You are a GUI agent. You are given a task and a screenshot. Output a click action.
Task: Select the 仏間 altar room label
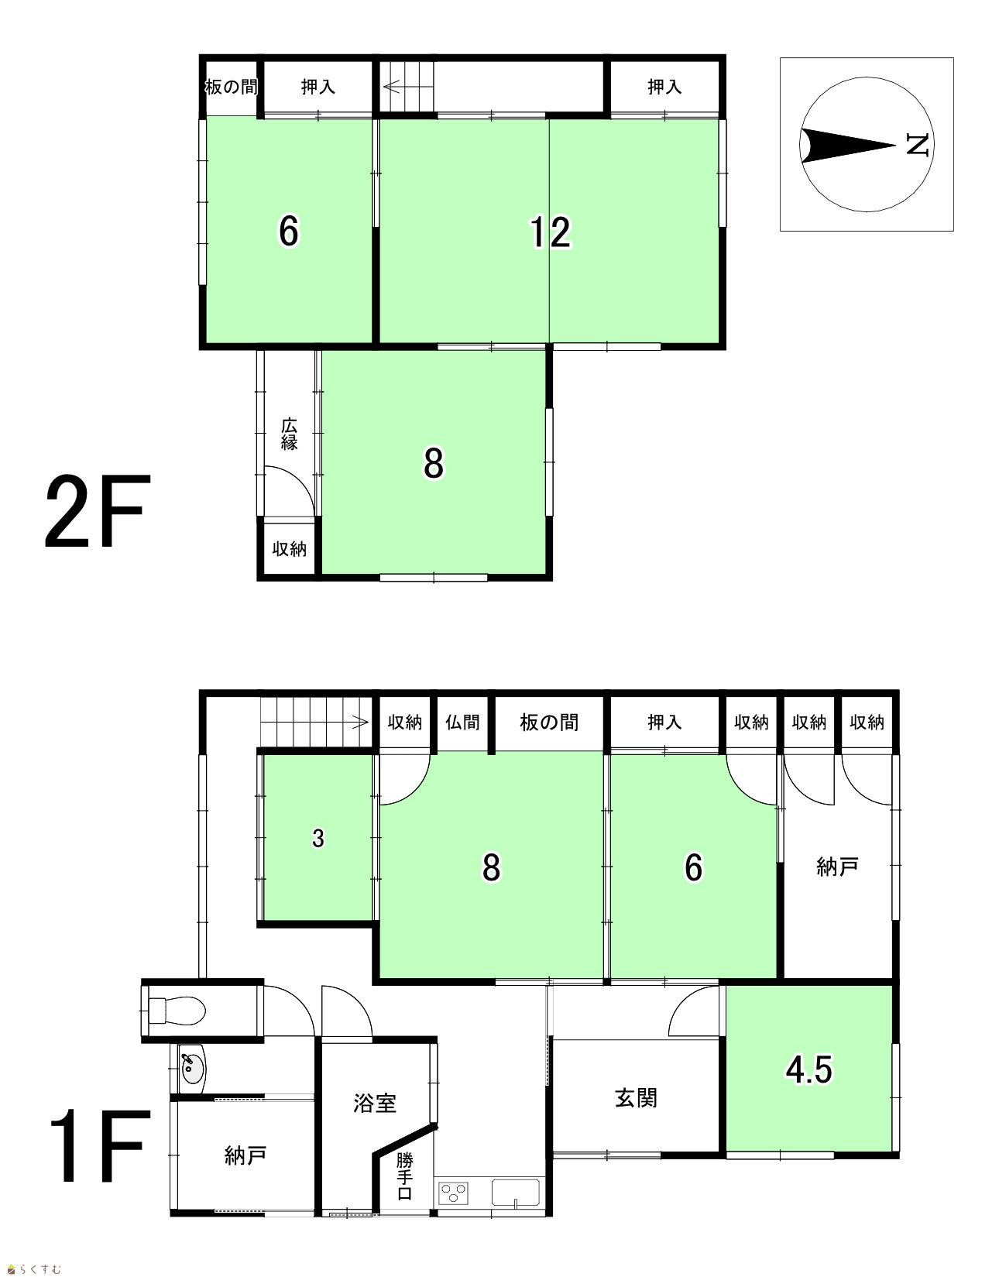(462, 722)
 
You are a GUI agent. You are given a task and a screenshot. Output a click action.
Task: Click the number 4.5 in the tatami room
(809, 1069)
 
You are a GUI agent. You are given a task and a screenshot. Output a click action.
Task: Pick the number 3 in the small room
(318, 839)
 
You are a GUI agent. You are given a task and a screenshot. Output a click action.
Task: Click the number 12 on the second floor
(550, 232)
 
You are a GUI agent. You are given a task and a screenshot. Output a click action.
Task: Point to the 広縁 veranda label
(289, 434)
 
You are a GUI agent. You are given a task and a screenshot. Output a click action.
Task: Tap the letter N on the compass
(918, 145)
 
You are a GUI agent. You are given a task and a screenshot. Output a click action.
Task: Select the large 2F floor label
(98, 511)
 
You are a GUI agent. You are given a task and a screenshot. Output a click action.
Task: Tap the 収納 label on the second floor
(289, 549)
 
